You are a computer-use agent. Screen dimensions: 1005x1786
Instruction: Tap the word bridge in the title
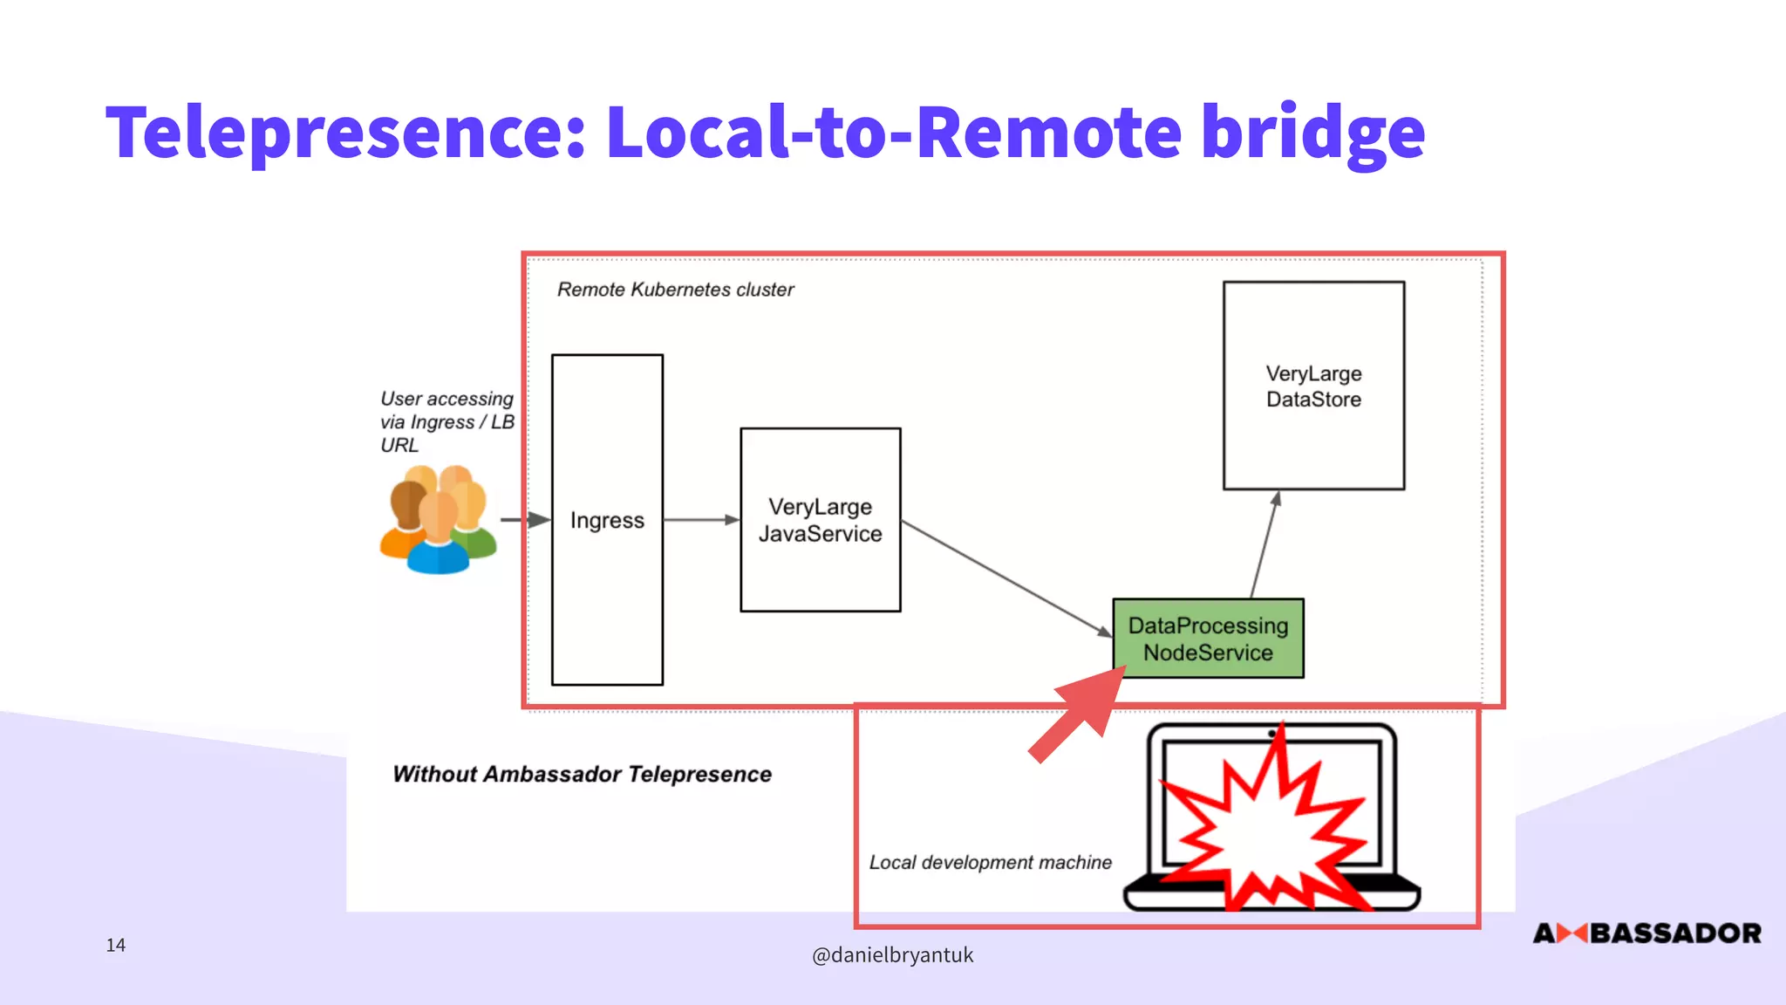(1312, 133)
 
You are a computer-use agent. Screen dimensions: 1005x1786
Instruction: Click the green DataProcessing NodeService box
(1208, 639)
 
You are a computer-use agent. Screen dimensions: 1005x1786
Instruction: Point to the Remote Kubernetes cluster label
(675, 290)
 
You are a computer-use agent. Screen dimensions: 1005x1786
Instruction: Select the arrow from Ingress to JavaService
(700, 520)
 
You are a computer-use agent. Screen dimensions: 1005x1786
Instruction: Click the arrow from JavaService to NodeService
(1003, 577)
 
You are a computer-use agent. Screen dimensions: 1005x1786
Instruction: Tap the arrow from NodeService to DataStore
(1264, 545)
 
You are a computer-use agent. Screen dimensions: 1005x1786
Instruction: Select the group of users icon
(438, 520)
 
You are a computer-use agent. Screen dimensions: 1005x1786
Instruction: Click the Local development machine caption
(990, 863)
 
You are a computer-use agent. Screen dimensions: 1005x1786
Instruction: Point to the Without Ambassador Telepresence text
(582, 775)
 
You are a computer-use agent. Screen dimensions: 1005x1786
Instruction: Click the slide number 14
(116, 945)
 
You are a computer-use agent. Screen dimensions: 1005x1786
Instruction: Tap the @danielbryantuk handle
(892, 955)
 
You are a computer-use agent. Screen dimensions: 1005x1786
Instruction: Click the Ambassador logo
(1646, 933)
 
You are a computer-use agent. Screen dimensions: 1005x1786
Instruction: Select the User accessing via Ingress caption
(446, 422)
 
